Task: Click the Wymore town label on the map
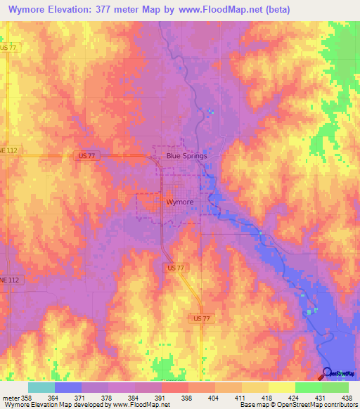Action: pyautogui.click(x=179, y=202)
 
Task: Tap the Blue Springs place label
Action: pyautogui.click(x=186, y=156)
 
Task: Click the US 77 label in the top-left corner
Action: pyautogui.click(x=8, y=47)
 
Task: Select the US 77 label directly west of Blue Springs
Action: pyautogui.click(x=82, y=157)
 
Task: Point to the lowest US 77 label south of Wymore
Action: pyautogui.click(x=201, y=318)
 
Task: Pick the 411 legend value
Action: pyautogui.click(x=239, y=398)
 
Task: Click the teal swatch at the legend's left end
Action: pyautogui.click(x=41, y=387)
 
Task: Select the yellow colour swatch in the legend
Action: pyautogui.click(x=281, y=387)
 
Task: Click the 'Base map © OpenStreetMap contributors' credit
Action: pyautogui.click(x=298, y=405)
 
